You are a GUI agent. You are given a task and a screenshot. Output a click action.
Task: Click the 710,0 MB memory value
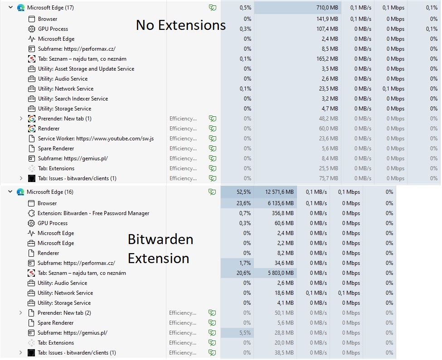pos(327,8)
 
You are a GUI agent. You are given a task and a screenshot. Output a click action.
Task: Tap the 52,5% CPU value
pos(243,192)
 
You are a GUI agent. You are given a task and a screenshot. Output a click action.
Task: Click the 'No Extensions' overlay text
pos(180,25)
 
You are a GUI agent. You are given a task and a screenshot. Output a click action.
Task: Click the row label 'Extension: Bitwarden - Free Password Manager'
pos(93,213)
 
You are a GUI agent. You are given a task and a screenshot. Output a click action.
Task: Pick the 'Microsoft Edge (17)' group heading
pos(50,8)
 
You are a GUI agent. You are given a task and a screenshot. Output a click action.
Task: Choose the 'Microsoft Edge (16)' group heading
pos(50,192)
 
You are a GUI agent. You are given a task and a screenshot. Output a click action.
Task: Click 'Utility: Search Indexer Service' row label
pos(73,99)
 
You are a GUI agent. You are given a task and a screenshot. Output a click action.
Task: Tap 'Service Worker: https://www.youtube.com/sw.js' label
pos(96,139)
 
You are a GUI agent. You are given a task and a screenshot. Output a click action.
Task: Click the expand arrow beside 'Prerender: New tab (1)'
pos(21,119)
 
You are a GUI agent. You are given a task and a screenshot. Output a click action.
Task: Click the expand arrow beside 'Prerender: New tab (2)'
pos(20,313)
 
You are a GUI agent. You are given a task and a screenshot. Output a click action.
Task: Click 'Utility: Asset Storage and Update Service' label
pos(86,69)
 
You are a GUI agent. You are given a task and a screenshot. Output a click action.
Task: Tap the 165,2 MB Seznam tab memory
pos(327,59)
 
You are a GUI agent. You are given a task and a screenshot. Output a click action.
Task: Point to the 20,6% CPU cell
pos(244,273)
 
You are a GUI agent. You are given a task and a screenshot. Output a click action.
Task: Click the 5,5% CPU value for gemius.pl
pos(245,333)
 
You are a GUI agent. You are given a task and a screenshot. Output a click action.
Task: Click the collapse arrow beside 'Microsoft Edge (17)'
pos(10,8)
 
